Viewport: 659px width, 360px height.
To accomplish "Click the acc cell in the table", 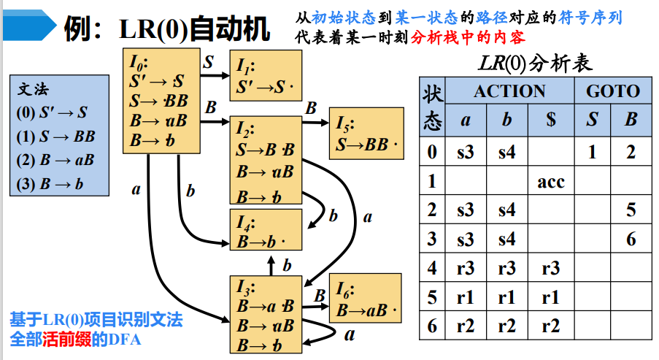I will (x=550, y=182).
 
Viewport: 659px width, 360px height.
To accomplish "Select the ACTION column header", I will (x=509, y=91).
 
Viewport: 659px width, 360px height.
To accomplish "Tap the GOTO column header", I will (x=612, y=91).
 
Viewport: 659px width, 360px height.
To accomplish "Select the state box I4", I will (x=263, y=231).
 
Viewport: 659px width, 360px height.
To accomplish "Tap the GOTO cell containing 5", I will (x=631, y=210).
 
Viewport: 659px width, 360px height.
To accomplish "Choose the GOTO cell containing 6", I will (x=631, y=239).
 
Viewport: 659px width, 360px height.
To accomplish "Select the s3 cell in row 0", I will (x=465, y=153).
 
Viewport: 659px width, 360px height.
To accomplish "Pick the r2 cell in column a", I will (x=465, y=325).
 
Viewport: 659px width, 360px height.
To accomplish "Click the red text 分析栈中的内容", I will (x=469, y=37).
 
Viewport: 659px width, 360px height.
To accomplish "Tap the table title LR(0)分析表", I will (x=536, y=63).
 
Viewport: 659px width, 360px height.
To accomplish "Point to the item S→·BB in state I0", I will (x=158, y=101).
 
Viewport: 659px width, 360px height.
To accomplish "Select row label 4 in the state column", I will (x=433, y=268).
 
